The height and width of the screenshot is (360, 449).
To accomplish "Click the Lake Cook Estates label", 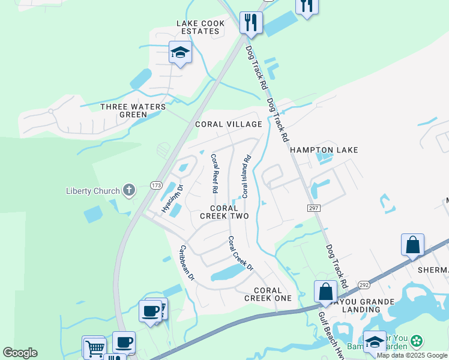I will pyautogui.click(x=200, y=28).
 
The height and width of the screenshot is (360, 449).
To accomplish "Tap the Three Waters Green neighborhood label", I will pyautogui.click(x=133, y=111).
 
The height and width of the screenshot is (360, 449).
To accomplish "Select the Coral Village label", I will pyautogui.click(x=229, y=124).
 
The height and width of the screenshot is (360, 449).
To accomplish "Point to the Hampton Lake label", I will pyautogui.click(x=324, y=150).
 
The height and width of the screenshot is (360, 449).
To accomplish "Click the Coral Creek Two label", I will pyautogui.click(x=224, y=212).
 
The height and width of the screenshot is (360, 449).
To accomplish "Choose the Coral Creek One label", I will pyautogui.click(x=268, y=294).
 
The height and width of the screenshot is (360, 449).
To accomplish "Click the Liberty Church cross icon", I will pyautogui.click(x=128, y=191).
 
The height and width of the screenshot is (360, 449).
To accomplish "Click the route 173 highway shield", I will pyautogui.click(x=156, y=186).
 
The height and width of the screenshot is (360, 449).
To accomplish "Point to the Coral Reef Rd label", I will pyautogui.click(x=214, y=173).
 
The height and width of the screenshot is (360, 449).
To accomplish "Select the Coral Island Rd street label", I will pyautogui.click(x=246, y=177).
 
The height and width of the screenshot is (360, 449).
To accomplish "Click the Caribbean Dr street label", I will pyautogui.click(x=187, y=262).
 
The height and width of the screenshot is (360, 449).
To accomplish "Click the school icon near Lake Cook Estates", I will pyautogui.click(x=180, y=52).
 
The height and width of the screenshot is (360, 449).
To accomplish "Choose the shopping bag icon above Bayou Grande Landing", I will pyautogui.click(x=325, y=292).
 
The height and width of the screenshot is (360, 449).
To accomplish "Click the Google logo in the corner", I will pyautogui.click(x=20, y=353).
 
